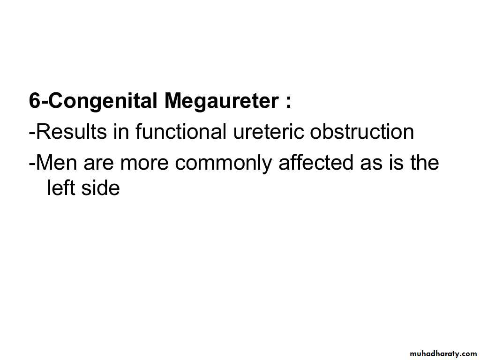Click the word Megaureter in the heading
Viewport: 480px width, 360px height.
click(x=221, y=102)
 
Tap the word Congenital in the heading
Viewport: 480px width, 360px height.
click(x=103, y=102)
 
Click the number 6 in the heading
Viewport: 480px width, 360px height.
click(x=35, y=100)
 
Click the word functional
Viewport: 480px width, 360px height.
click(x=181, y=131)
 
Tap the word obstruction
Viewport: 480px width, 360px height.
click(x=362, y=131)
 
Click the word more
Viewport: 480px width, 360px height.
click(x=144, y=164)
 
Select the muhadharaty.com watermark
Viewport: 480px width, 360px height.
click(x=443, y=354)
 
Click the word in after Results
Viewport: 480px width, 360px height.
click(x=121, y=131)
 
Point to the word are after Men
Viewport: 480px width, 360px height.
click(x=98, y=164)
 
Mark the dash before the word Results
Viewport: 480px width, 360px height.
click(x=32, y=134)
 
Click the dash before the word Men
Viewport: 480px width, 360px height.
click(x=32, y=164)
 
